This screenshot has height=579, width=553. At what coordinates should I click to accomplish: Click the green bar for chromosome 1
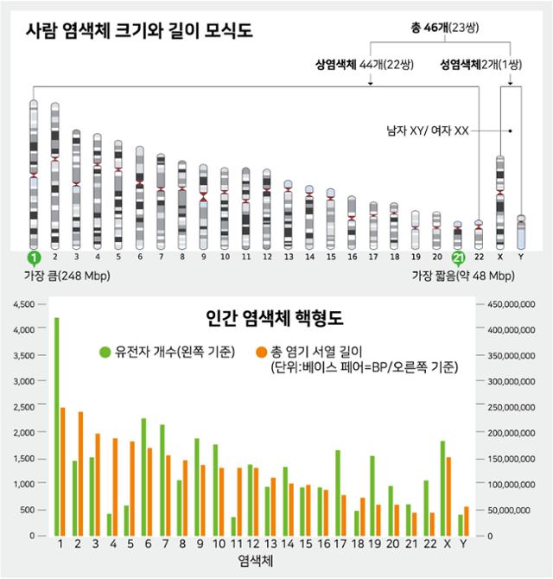pos(56,427)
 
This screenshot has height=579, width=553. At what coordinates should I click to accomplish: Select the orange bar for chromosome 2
pos(80,474)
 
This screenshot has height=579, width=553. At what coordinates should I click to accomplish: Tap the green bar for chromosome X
pos(442,488)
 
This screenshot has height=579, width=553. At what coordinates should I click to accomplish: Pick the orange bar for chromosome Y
pos(467,521)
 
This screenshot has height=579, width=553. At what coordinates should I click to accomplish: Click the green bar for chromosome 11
pos(233,526)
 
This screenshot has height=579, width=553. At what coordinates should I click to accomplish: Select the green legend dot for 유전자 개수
pos(105,352)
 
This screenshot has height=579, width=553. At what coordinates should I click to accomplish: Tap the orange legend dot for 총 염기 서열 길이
pos(261,352)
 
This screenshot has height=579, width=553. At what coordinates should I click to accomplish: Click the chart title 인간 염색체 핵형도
pos(275,317)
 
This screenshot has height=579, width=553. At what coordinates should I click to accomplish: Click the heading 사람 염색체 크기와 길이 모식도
pos(139,30)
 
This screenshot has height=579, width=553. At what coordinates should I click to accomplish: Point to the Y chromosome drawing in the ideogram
pos(521,232)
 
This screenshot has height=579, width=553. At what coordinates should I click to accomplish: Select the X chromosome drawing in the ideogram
pos(500,202)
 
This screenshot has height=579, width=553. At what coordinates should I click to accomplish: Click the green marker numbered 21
pos(458,258)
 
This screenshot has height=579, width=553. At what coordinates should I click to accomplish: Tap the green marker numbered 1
pos(34,258)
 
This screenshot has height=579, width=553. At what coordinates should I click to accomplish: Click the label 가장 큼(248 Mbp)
pos(67,276)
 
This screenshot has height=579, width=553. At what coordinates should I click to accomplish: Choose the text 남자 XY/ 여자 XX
pos(428,130)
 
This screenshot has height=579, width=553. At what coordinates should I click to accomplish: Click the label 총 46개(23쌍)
pos(445,28)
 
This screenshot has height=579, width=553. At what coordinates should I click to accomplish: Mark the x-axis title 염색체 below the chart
pos(256,561)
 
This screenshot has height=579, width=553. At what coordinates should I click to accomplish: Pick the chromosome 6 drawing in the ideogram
pos(140,198)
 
